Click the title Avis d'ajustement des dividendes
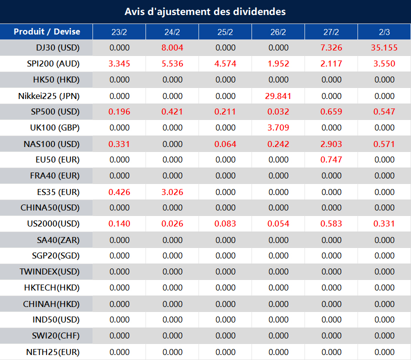(205, 11)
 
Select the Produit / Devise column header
(46, 32)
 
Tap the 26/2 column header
(278, 32)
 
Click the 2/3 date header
(384, 32)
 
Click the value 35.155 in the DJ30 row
(384, 48)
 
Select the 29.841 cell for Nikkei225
(278, 96)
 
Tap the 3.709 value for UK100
(278, 128)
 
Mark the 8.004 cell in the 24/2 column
(172, 48)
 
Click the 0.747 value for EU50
(331, 160)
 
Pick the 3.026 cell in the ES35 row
(172, 192)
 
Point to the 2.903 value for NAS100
(331, 144)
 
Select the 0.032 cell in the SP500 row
(278, 112)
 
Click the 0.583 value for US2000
(331, 224)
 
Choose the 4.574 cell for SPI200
(225, 64)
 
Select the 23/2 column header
(119, 32)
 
